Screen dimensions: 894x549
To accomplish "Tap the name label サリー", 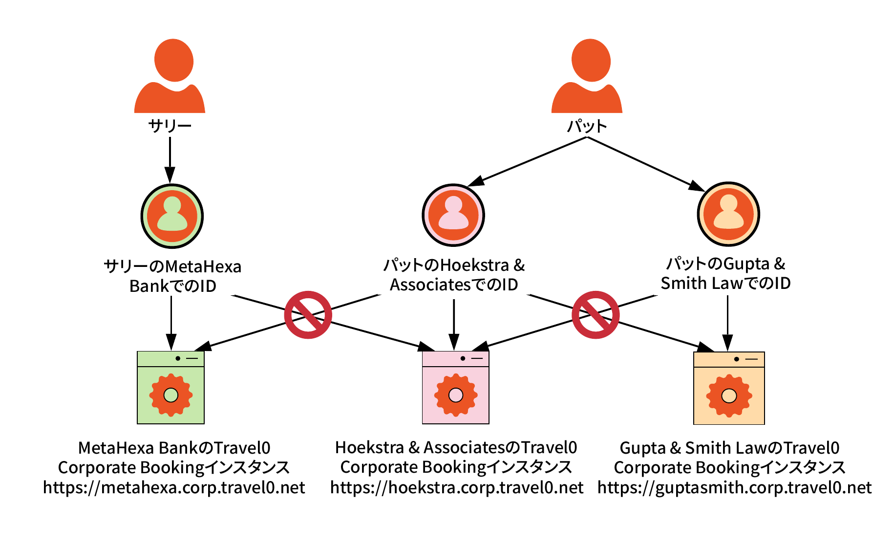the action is coord(170,126).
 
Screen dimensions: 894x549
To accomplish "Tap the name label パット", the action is coord(587,126).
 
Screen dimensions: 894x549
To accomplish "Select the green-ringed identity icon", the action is coord(172,216).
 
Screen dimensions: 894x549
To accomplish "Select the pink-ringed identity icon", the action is coord(453,215).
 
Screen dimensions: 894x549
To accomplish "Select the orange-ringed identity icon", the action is coord(728,214).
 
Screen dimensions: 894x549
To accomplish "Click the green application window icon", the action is coord(170,387).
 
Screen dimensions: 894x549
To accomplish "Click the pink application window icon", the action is coord(455,387).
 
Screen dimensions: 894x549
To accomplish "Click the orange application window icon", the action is coord(729,388).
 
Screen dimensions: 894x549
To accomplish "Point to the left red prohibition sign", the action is coord(308,315).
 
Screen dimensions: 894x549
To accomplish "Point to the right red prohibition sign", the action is coord(596,315).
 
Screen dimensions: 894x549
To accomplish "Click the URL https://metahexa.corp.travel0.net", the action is coord(174,487).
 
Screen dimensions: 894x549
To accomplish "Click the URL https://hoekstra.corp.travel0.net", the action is coord(457,487).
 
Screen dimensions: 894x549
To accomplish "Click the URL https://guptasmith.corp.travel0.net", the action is coord(735,487).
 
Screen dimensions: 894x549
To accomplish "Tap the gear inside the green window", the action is coord(170,395).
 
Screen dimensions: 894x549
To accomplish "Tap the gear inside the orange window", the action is coord(729,396).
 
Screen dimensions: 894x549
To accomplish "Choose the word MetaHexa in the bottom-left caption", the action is coord(118,448).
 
